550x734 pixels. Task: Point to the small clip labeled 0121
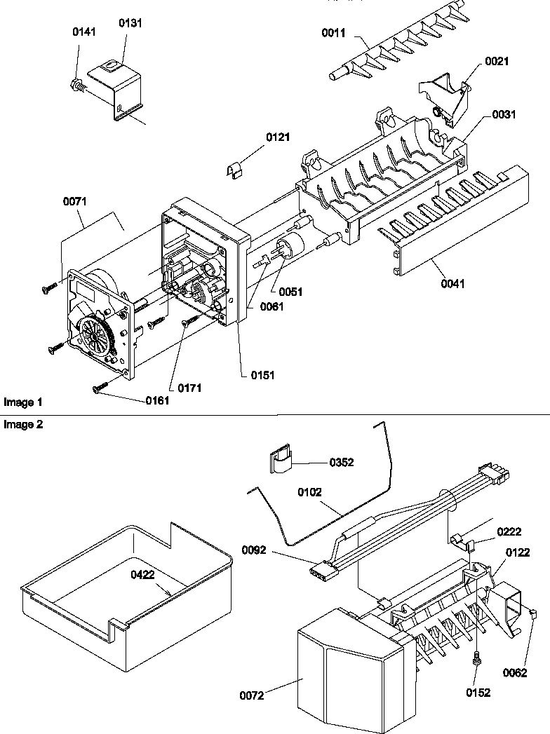click(236, 170)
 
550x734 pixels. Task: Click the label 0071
click(74, 201)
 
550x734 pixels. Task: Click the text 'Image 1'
click(23, 402)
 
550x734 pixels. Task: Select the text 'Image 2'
click(23, 425)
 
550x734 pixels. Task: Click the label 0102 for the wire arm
click(309, 493)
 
